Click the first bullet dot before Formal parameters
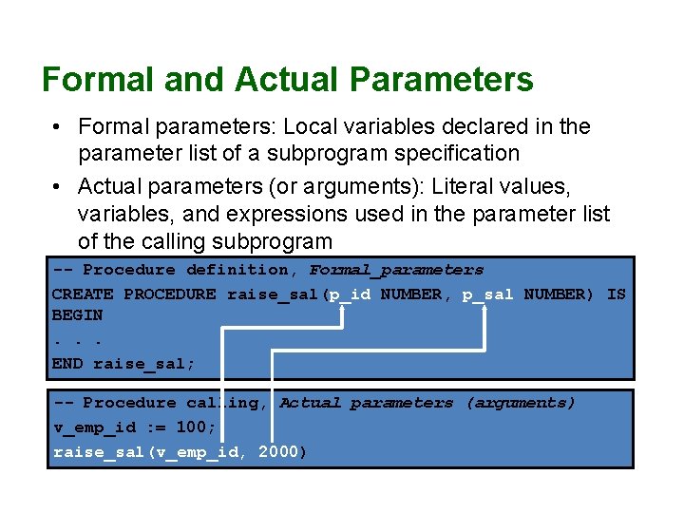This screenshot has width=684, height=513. [x=58, y=126]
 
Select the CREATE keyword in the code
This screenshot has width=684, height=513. [x=82, y=294]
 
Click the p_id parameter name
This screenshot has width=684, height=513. [x=350, y=294]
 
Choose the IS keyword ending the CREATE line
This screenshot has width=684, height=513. [x=617, y=294]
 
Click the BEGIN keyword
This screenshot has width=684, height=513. [x=77, y=315]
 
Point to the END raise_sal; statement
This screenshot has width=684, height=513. [x=123, y=363]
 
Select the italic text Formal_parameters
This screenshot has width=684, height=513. [x=397, y=271]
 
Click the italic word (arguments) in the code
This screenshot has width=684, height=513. [x=521, y=404]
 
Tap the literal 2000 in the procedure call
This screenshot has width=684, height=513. [x=278, y=451]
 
